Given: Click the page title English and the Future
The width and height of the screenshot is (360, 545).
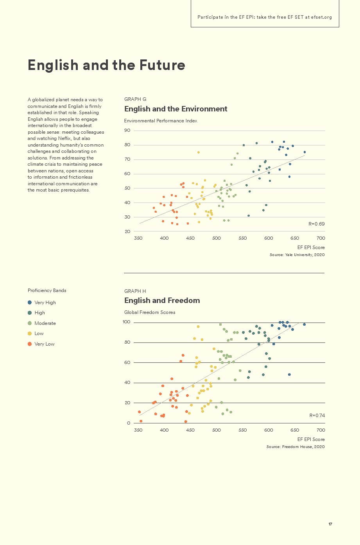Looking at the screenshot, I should pos(106,65).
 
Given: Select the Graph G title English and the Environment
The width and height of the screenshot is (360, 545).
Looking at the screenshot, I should pos(176,109).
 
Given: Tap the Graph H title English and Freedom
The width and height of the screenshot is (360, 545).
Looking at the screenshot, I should pos(162,301).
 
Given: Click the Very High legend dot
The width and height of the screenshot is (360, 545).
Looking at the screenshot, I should pos(30,303).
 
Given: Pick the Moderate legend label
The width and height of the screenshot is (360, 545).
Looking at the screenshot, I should pos(45,323).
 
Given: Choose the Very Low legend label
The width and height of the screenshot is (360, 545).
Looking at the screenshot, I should pos(44,344).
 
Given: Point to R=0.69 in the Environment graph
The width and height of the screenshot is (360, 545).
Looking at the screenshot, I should pos(317,224).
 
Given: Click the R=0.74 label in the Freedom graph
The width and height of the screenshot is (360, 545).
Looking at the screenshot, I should pos(317,416).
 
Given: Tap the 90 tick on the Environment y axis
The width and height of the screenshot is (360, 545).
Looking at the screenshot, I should pos(127,131).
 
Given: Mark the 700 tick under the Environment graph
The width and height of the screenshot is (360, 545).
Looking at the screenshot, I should pos(321,238).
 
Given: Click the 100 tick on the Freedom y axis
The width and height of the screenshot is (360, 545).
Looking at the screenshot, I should pos(126,322).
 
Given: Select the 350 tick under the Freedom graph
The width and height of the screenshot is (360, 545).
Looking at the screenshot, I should pos(138,430).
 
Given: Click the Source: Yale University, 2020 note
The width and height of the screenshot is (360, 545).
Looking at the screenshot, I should pos(297,255).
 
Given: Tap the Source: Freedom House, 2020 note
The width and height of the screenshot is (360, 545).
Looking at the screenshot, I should pos(296,447).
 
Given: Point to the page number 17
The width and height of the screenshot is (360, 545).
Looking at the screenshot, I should pos(330,524).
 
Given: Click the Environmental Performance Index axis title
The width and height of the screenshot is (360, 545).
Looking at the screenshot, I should pos(161,121).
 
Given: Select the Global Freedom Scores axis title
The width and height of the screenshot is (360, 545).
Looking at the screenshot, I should pos(150,312).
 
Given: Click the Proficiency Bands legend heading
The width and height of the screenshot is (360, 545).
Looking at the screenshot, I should pos(47,290).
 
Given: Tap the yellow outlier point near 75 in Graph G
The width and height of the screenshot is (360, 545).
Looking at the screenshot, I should pos(199,152).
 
